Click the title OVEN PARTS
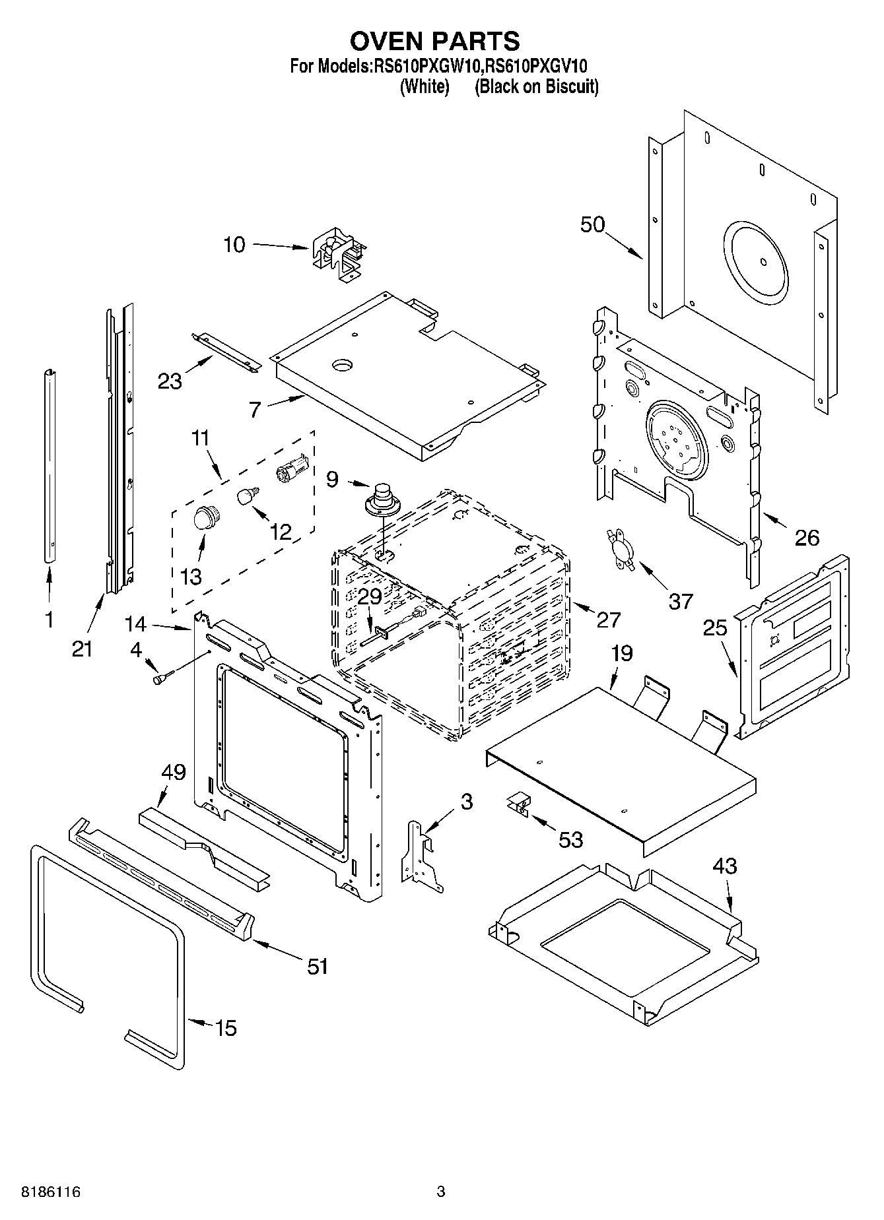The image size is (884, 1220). point(434,41)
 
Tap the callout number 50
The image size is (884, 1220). point(592,224)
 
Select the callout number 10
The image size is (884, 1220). point(234,245)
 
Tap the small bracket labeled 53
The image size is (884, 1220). point(519,805)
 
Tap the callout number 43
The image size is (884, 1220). point(724,865)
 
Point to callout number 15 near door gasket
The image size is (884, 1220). point(226,1027)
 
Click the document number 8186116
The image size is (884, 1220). point(43,1192)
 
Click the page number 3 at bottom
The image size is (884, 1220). point(441,1192)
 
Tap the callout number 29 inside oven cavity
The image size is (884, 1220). point(370,596)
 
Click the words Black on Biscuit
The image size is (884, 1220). point(537,86)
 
